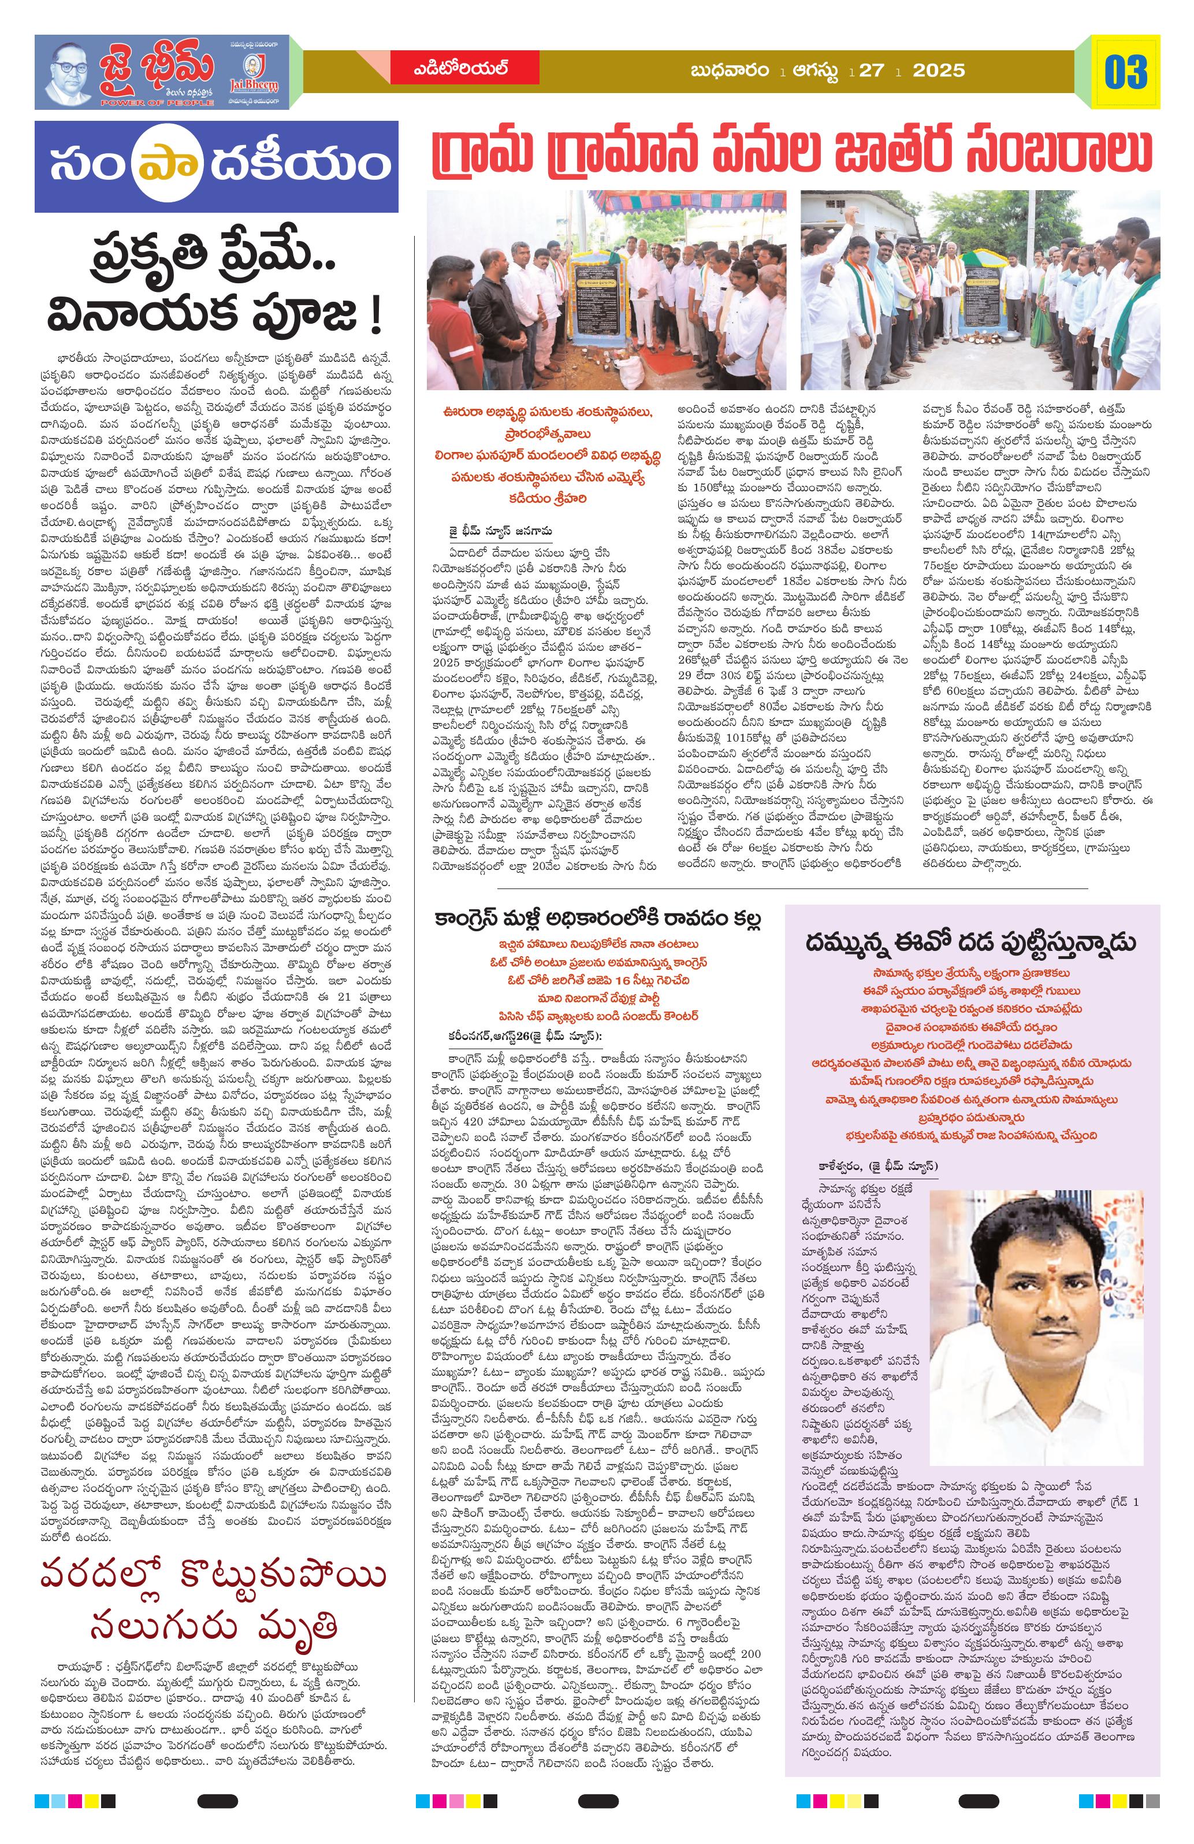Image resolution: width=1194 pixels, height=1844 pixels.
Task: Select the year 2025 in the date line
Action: click(x=939, y=71)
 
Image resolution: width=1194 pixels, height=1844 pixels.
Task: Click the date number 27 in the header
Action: click(x=871, y=71)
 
